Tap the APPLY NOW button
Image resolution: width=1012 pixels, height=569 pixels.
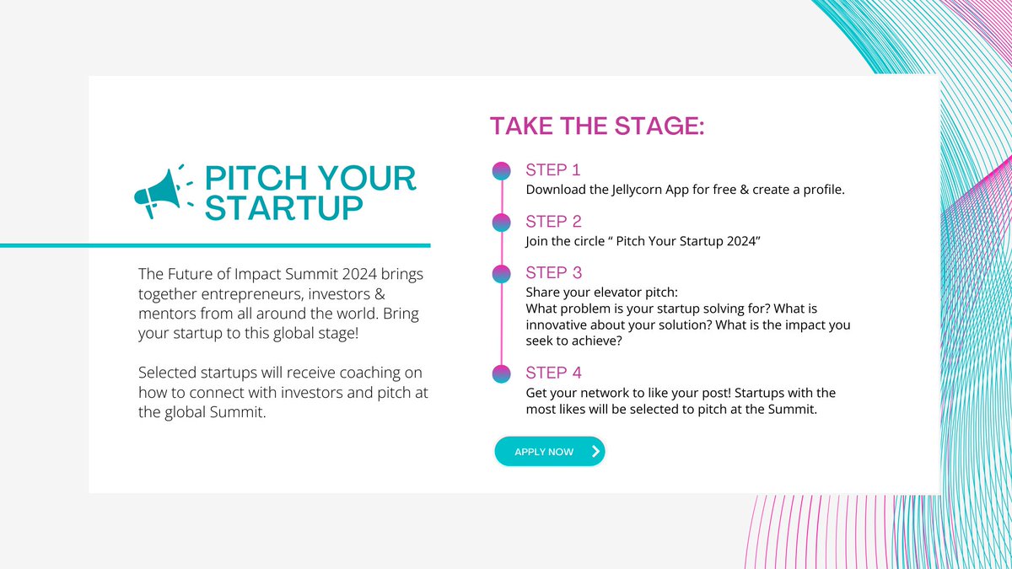[x=549, y=452]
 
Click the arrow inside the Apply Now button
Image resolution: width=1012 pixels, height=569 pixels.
[x=595, y=452]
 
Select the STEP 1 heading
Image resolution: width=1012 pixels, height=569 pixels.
[x=553, y=170]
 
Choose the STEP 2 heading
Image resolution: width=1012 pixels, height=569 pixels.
[x=553, y=222]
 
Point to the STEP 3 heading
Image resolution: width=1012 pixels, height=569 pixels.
[x=553, y=273]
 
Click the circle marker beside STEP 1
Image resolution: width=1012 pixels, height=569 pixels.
[x=502, y=171]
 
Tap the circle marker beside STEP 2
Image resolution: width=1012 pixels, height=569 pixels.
[x=502, y=223]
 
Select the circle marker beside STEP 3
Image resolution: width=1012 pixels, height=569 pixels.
[x=502, y=274]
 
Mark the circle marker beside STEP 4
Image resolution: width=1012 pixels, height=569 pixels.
[x=502, y=373]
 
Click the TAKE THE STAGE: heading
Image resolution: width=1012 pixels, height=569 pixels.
[x=597, y=126]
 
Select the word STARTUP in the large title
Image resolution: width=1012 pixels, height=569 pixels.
[x=285, y=208]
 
